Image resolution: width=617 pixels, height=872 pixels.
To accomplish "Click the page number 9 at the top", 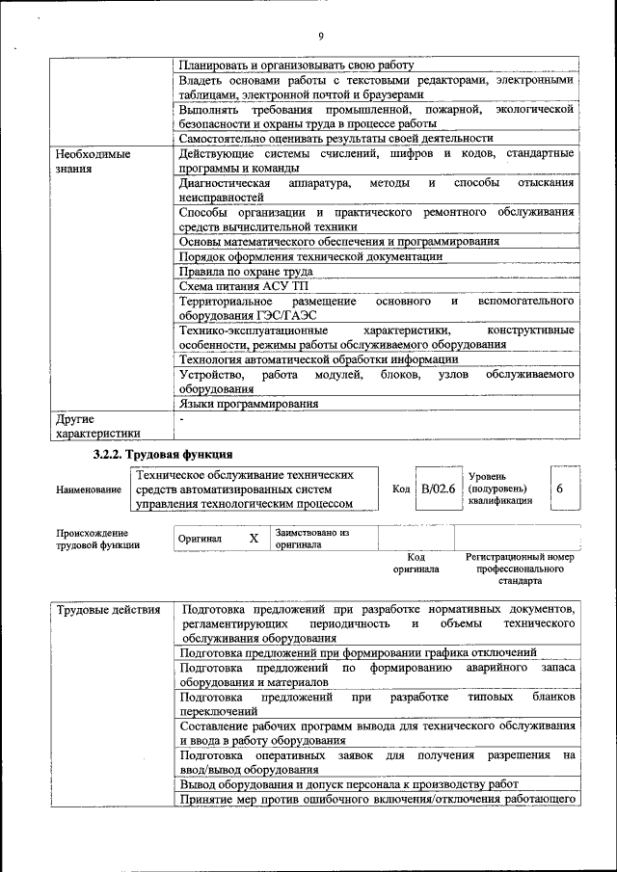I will tap(320, 37).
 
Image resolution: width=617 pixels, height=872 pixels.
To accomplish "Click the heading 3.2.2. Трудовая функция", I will tap(162, 455).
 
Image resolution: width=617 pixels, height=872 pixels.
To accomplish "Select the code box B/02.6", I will tap(436, 489).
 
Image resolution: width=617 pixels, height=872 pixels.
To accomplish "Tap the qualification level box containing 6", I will tap(560, 489).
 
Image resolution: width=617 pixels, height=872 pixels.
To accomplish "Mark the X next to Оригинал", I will tap(254, 539).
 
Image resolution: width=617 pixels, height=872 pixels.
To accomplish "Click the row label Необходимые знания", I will tap(93, 160).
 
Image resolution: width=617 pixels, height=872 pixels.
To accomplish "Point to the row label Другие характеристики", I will tap(97, 427).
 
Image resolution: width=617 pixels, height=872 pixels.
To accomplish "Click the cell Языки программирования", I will tap(249, 405).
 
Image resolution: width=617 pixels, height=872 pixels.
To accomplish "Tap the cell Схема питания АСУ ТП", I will tap(244, 286).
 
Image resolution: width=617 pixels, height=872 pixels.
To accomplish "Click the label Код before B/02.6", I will tap(402, 489).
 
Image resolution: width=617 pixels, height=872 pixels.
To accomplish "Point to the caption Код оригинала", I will tap(416, 563).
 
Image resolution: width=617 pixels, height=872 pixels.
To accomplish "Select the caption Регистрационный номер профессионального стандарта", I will tap(520, 568).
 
